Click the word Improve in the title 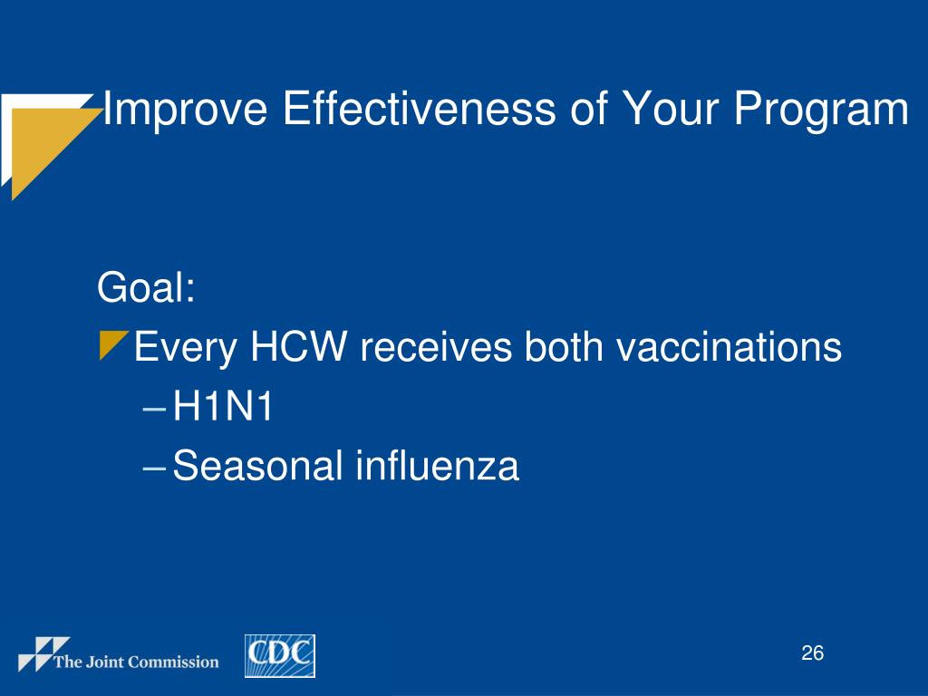coord(185,110)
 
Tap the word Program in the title coord(821,110)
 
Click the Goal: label coord(146,287)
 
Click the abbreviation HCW coord(298,346)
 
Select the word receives coord(436,347)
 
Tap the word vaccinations coord(729,347)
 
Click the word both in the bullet coord(564,346)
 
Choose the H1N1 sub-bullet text coord(223,407)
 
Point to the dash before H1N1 coord(154,409)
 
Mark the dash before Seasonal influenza coord(154,468)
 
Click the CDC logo coord(280,656)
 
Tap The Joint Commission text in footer coord(136,662)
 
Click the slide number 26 coord(812,652)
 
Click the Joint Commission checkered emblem coord(43,654)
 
